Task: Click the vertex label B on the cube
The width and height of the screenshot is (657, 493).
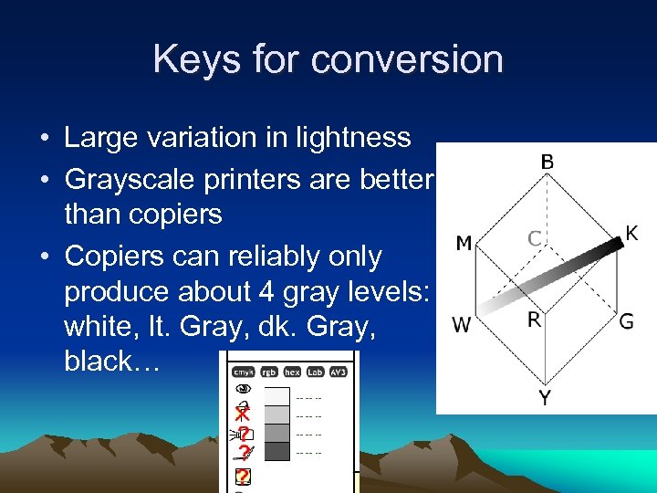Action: coord(546,162)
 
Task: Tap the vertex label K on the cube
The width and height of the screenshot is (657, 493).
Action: coord(631,234)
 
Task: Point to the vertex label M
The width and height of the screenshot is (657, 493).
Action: coord(463,243)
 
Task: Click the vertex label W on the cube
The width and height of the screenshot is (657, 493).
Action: coord(462,325)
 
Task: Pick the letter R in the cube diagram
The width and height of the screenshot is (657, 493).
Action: coord(536,320)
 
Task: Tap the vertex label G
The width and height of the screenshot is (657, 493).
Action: coord(626,321)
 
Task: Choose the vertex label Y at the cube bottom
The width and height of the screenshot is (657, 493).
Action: coord(545,398)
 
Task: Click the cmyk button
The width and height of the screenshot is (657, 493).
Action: coord(242,372)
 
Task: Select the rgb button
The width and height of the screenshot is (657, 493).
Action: coord(268,372)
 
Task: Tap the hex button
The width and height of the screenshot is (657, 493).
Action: coord(292,372)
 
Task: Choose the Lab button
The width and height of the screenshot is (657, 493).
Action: coord(316,372)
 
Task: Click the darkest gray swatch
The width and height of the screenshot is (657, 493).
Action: coord(276,451)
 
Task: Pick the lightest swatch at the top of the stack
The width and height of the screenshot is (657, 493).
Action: coord(276,396)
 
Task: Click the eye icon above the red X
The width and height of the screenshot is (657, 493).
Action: coord(243,387)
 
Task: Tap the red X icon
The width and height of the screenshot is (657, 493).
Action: coord(242,414)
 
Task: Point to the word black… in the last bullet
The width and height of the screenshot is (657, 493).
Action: coord(111,361)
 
